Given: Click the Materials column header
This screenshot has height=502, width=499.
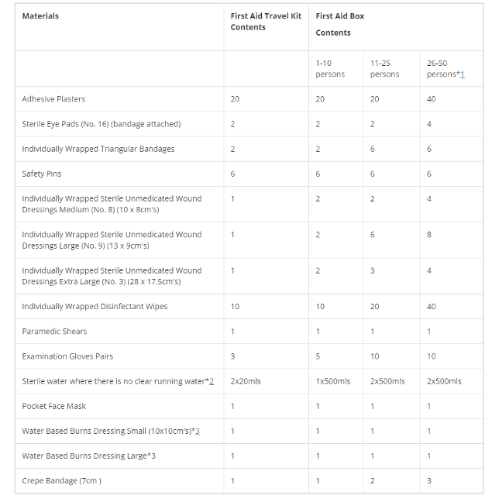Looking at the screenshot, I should coord(40,16).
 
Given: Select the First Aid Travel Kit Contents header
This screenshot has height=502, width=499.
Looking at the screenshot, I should coord(266,22).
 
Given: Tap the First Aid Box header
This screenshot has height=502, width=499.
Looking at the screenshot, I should coord(339,16).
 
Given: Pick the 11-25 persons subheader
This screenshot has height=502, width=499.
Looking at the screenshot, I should coord(384,68).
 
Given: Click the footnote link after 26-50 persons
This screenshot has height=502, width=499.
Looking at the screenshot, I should coord(462,74).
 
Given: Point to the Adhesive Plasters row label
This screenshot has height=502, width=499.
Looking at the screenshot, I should coord(53,99).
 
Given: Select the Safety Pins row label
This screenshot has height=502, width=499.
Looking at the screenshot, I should coord(42,174).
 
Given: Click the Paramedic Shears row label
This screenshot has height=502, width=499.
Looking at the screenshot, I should coord(54,332).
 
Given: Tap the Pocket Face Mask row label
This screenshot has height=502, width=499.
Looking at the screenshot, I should coord(54,406).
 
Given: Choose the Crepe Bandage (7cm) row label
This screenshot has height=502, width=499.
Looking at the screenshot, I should coord(61,481).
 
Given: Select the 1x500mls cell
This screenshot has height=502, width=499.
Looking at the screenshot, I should coord(333,381).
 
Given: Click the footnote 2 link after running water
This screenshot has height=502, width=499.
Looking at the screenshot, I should coord(211,381).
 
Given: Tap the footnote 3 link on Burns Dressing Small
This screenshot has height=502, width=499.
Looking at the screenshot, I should coord(198,431).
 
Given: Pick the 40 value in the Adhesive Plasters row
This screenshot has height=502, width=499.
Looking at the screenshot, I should coord(431,99).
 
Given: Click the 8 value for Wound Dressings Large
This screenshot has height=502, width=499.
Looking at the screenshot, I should coord(429,235).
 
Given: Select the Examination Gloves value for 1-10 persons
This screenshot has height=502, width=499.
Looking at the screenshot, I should coord(318,356).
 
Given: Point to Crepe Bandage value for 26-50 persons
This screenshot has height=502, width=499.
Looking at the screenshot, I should coord(429,481).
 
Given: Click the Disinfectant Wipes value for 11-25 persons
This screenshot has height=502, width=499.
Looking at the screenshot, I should coord(374,307).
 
